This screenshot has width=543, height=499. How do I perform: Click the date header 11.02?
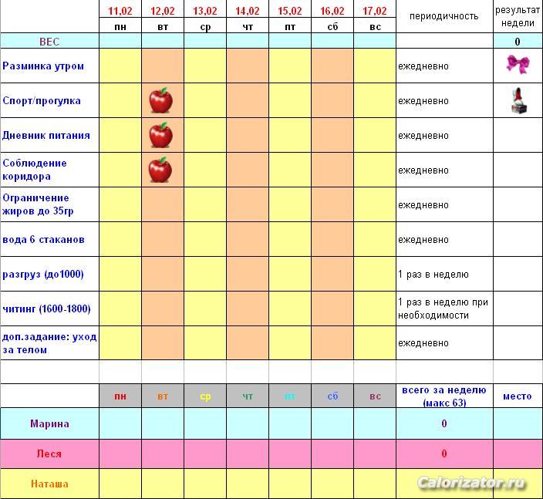[x=120, y=11]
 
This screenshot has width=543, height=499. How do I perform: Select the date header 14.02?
[x=248, y=11]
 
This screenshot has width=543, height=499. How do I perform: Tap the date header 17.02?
[x=375, y=11]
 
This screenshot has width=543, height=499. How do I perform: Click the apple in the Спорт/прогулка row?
[x=160, y=100]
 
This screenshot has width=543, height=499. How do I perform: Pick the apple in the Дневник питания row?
[x=160, y=135]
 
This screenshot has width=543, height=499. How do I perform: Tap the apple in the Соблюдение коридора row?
[x=160, y=169]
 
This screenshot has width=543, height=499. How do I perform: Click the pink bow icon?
[x=517, y=64]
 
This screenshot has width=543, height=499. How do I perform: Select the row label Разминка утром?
[x=43, y=66]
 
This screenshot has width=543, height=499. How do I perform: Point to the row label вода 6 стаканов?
[x=44, y=240]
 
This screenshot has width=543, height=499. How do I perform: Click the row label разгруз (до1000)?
[x=43, y=275]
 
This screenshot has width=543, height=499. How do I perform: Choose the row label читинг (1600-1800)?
[x=46, y=309]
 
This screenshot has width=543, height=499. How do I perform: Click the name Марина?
[x=49, y=423]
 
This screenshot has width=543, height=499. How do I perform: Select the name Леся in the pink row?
[x=49, y=453]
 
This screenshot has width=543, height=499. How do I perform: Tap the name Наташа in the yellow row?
[x=49, y=484]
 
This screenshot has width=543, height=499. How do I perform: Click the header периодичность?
[x=444, y=16]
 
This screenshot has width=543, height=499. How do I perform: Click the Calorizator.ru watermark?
[x=472, y=484]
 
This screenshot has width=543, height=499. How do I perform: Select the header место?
[x=517, y=396]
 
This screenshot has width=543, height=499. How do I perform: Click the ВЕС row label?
[x=49, y=42]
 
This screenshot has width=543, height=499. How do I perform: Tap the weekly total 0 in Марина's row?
[x=444, y=423]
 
